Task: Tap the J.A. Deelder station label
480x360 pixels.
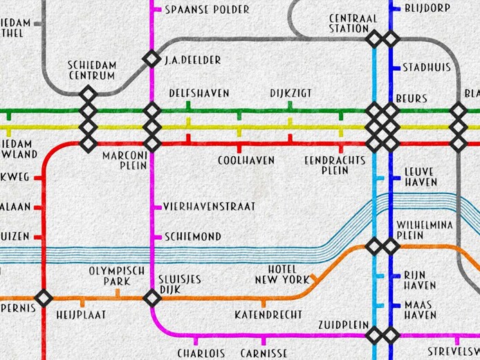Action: point(193,60)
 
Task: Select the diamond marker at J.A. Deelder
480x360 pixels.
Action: point(151,59)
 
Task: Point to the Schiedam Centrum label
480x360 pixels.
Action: point(92,70)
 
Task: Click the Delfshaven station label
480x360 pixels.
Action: point(199,93)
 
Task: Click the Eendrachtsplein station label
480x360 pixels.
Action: point(335,164)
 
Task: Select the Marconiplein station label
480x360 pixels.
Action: point(125,160)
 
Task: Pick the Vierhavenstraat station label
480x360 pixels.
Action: point(210,206)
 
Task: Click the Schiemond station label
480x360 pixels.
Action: point(193,236)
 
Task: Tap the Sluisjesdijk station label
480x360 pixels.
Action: point(179,284)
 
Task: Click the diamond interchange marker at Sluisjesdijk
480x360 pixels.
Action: point(151,298)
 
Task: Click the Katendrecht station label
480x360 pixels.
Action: point(268,314)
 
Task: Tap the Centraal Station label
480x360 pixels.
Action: point(349,23)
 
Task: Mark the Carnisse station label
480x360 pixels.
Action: point(264,353)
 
